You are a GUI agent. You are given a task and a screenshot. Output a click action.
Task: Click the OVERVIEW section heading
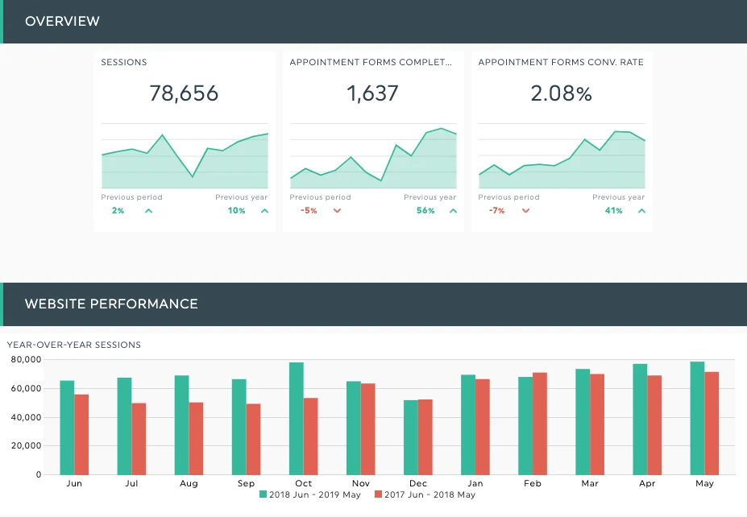click(x=62, y=21)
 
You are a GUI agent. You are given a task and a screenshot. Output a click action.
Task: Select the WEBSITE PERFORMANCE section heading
click(x=111, y=304)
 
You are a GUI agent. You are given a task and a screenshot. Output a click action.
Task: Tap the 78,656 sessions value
click(x=184, y=93)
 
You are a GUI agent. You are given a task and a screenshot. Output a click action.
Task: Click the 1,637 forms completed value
click(x=372, y=93)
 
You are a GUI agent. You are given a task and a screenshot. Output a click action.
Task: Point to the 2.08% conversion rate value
click(x=561, y=93)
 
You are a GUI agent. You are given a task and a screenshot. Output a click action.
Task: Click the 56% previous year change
click(x=425, y=211)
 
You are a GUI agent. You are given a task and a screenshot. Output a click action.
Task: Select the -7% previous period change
click(x=496, y=211)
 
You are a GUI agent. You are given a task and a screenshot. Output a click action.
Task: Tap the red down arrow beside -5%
click(x=337, y=211)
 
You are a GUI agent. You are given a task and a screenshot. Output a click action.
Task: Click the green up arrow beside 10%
click(x=264, y=211)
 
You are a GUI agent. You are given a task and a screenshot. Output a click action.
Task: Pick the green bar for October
click(x=297, y=419)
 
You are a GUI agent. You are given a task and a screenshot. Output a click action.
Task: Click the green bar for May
click(x=697, y=418)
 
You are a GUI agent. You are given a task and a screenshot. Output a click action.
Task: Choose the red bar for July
click(x=139, y=439)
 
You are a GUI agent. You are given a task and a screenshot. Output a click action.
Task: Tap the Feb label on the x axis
click(x=533, y=483)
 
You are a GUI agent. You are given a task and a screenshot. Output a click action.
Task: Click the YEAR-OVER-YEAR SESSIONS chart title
click(x=74, y=345)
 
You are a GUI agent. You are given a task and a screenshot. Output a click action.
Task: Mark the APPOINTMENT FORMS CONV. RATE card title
click(x=561, y=62)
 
